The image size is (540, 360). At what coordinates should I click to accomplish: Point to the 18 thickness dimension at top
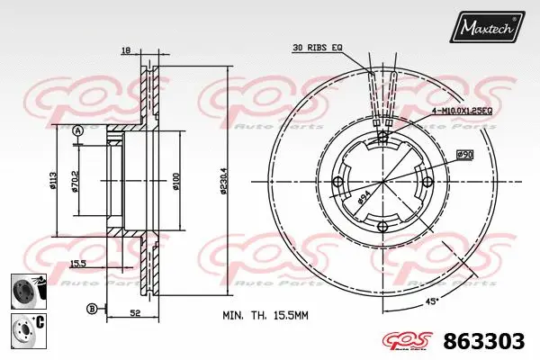[x=126, y=51]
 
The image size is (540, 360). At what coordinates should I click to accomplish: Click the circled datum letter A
[x=77, y=131]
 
